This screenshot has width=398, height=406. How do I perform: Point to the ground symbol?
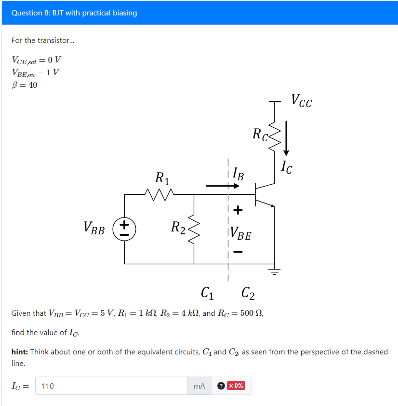tap(275, 271)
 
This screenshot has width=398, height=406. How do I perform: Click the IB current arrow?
tap(219, 186)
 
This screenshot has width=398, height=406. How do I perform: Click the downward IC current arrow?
tap(286, 137)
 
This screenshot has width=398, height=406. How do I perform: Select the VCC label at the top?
tap(301, 101)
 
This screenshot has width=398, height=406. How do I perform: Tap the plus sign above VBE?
tap(238, 210)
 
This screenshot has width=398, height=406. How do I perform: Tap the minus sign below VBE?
tap(238, 252)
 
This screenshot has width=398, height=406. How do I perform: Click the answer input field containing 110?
tap(111, 386)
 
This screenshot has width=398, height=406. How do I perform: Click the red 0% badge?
tap(236, 386)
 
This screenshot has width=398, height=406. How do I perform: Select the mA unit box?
tap(199, 386)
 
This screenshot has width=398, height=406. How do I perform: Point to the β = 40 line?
tap(24, 85)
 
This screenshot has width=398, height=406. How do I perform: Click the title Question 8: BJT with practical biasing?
tap(74, 13)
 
